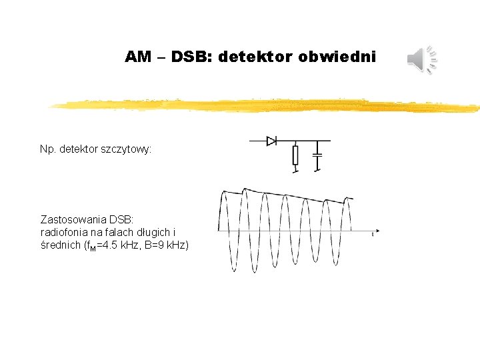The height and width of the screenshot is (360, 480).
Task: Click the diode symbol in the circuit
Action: click(x=272, y=141)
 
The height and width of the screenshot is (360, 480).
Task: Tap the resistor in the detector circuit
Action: click(x=295, y=156)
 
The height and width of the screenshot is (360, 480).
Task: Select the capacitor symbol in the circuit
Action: click(x=318, y=154)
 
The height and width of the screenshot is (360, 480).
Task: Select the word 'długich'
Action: click(x=158, y=232)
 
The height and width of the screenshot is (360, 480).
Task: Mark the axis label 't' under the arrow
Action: click(x=373, y=233)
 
